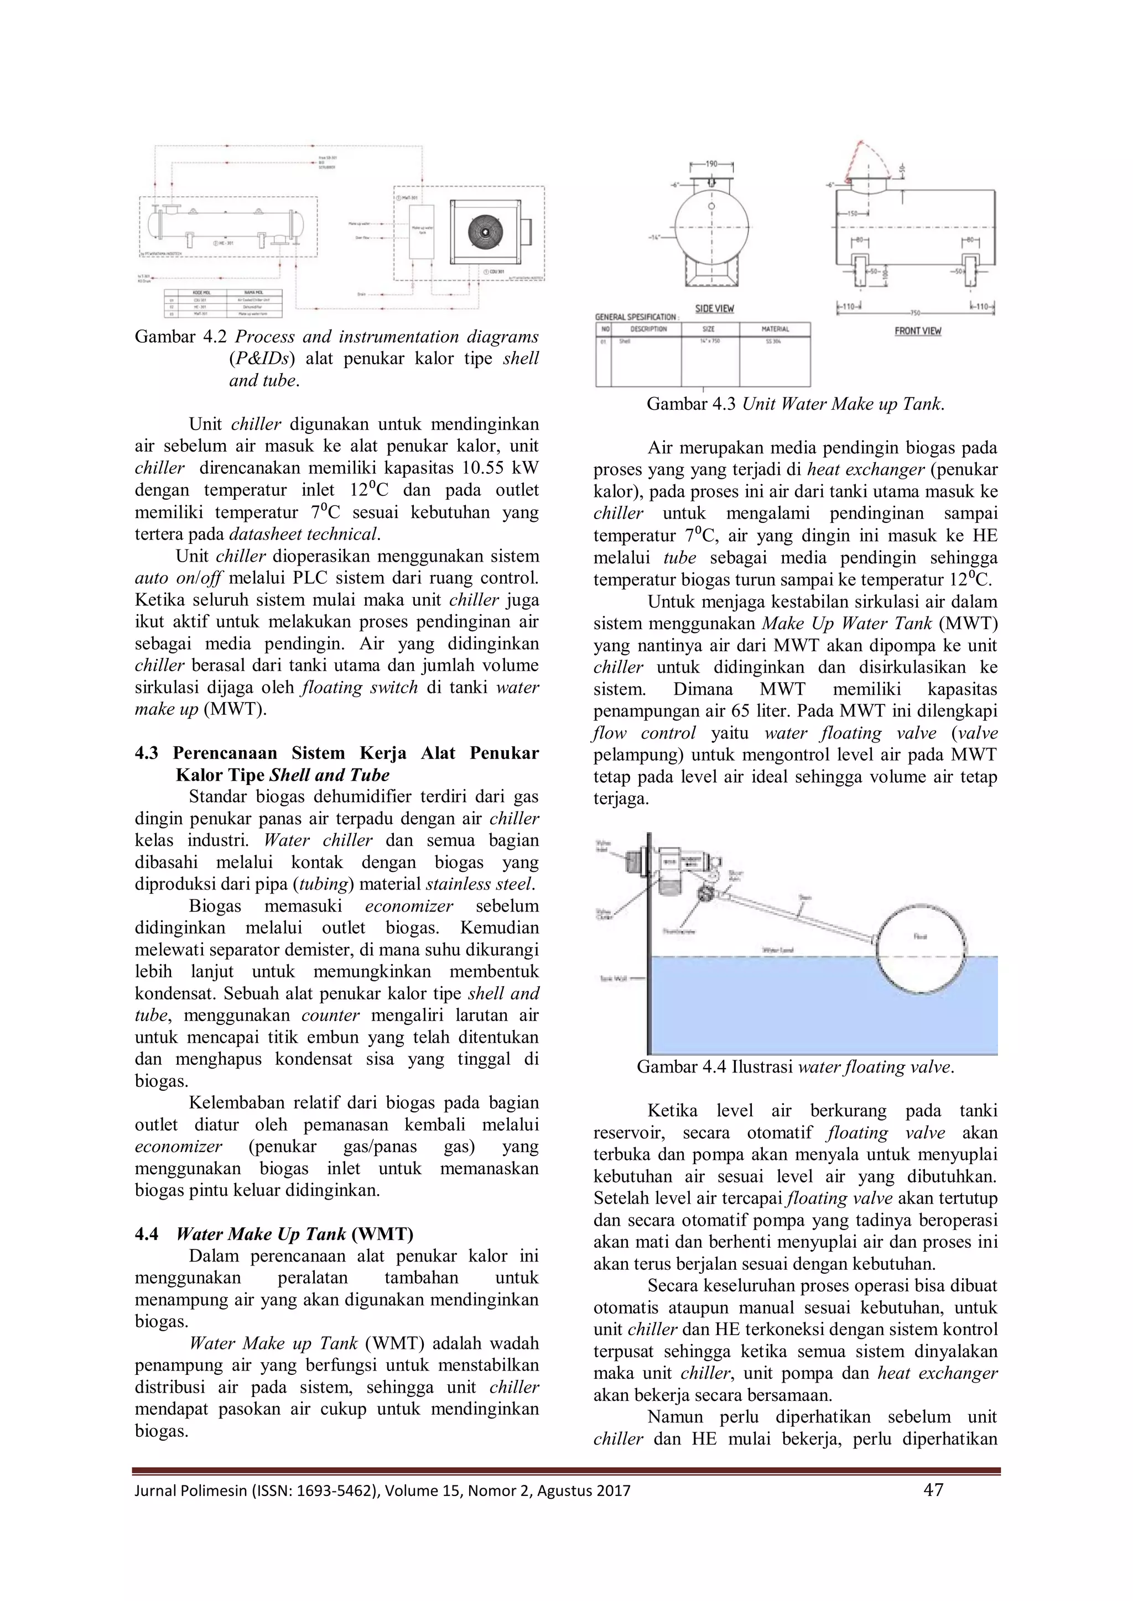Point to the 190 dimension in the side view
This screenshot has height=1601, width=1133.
point(711,165)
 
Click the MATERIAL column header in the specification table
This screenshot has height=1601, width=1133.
point(775,329)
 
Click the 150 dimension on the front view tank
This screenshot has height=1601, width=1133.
point(852,213)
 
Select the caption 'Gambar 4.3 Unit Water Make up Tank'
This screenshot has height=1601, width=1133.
point(796,405)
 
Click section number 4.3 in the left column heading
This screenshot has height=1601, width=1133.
point(147,753)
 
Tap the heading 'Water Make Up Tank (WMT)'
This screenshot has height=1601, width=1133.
point(294,1234)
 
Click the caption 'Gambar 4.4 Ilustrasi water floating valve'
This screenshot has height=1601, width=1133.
point(796,1067)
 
